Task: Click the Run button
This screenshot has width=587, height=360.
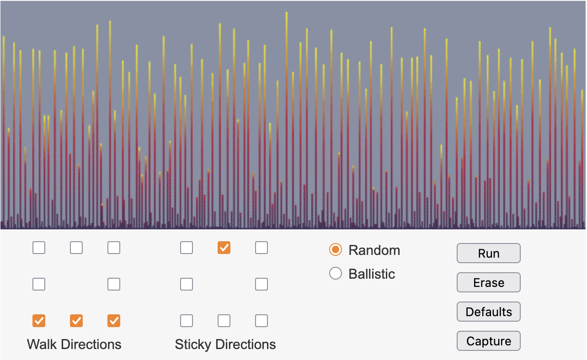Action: tap(488, 254)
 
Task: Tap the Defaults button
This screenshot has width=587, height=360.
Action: tap(488, 312)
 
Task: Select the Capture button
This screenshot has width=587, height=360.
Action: tap(488, 341)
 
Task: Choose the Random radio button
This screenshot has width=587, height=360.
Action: tap(336, 250)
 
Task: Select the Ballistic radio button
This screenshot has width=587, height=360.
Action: tap(336, 274)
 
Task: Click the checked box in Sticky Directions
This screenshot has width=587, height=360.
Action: tap(224, 248)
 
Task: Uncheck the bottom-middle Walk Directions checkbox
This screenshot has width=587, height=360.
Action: tap(76, 321)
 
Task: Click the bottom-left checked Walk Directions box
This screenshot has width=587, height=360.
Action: tap(39, 321)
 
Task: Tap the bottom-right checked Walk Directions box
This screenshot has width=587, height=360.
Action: tap(114, 321)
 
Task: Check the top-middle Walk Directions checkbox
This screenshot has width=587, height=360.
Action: tap(76, 248)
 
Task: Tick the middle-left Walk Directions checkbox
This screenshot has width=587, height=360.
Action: tap(39, 285)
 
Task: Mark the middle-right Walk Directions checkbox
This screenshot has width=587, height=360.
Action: tap(114, 285)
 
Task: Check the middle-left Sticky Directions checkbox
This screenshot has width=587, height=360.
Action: tap(187, 285)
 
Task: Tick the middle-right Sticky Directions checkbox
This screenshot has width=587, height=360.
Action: tap(261, 285)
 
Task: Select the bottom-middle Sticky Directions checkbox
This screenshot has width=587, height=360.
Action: tap(224, 321)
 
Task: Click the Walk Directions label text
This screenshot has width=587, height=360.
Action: tap(74, 344)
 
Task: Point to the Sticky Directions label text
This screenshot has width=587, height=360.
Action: tap(225, 344)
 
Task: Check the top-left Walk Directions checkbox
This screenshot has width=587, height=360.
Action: tap(39, 248)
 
